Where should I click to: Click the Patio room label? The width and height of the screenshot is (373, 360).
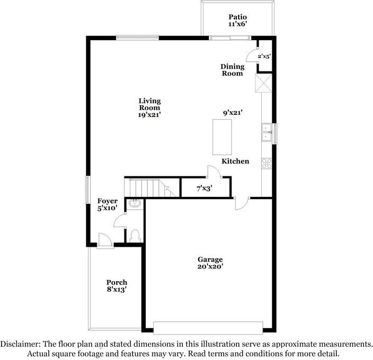238,17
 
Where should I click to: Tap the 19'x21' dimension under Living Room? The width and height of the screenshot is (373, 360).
149,115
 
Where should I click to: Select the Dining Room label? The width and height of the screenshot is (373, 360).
233,70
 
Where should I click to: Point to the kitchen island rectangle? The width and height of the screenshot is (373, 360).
222,137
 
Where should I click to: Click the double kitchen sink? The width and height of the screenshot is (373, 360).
267,132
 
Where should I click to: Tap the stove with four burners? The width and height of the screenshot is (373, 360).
267,164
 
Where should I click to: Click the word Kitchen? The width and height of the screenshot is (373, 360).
235,161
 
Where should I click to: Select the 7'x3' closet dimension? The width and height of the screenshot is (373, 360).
205,188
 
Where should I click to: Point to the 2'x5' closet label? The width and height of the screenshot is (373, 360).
264,56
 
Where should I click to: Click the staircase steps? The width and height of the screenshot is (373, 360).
150,188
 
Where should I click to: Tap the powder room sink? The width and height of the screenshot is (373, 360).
135,203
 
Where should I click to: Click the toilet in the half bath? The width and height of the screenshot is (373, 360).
135,236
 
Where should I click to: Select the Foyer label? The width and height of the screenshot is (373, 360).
107,201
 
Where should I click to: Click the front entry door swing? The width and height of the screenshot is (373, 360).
105,239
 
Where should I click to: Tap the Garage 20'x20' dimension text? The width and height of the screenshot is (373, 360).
210,266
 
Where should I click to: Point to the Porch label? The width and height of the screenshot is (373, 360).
117,282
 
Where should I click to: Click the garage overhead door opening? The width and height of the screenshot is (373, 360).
208,328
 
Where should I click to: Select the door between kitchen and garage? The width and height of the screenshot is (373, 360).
242,203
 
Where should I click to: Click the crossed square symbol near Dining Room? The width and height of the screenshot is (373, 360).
263,83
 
